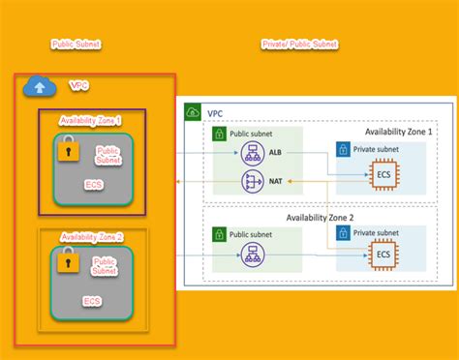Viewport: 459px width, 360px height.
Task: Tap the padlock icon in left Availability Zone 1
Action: click(67, 150)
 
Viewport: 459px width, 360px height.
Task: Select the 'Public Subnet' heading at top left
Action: click(76, 45)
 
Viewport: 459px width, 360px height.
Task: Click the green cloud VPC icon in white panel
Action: click(192, 112)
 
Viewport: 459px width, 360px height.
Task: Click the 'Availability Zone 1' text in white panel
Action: click(399, 131)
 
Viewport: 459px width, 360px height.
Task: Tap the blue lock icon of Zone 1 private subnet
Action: click(343, 150)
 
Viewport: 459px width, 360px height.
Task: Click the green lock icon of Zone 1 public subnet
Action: click(219, 135)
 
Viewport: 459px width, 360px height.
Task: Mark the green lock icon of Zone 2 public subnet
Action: click(219, 233)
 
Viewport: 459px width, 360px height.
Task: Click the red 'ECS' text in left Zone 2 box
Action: click(92, 301)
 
